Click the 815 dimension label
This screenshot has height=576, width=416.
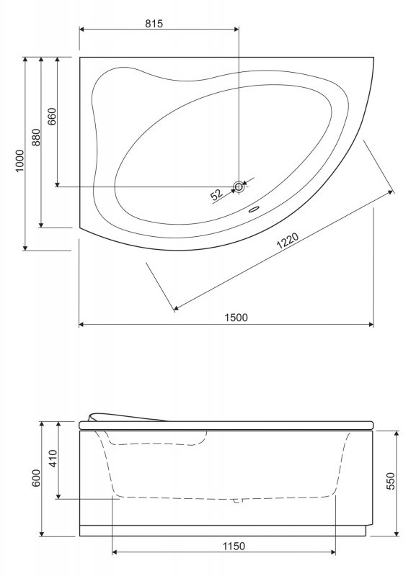154,22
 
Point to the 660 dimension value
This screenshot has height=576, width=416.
50,117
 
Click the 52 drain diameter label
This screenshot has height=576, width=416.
216,194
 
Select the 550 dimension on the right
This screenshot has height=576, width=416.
391,481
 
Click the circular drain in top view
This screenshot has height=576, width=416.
239,186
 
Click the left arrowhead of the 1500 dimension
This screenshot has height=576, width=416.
81,325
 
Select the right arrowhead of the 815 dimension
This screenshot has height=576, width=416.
236,30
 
